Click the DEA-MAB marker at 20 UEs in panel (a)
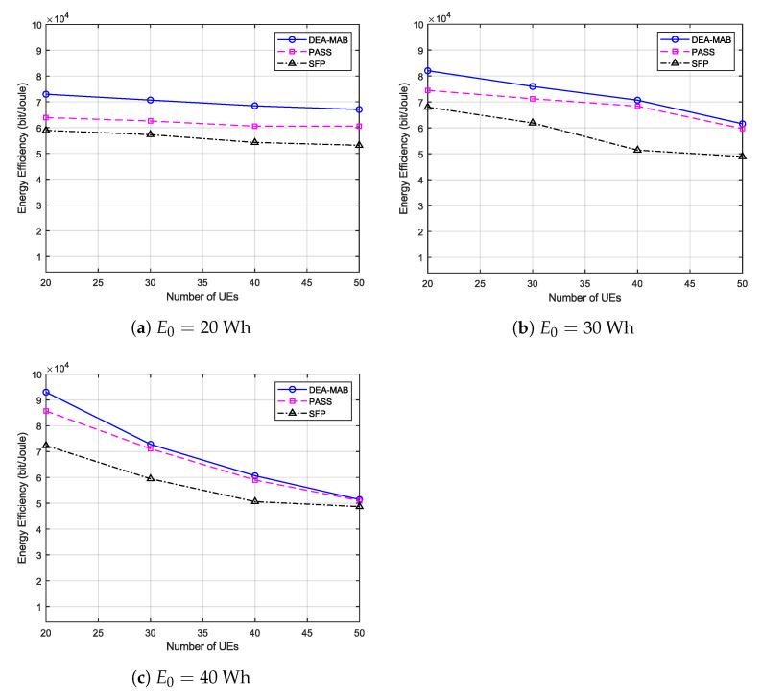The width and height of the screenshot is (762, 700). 45,94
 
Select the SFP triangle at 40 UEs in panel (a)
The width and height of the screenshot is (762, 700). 254,142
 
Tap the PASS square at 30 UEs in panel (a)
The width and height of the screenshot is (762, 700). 150,121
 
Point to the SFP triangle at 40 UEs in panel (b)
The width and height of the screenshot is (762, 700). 637,150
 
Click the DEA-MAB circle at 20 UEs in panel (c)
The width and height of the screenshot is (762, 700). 45,392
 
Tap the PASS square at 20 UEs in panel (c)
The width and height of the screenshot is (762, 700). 45,411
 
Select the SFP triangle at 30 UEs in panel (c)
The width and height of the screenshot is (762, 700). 150,478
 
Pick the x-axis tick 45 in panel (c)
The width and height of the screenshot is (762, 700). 307,633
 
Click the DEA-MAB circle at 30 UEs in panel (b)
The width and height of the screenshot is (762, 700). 533,86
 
